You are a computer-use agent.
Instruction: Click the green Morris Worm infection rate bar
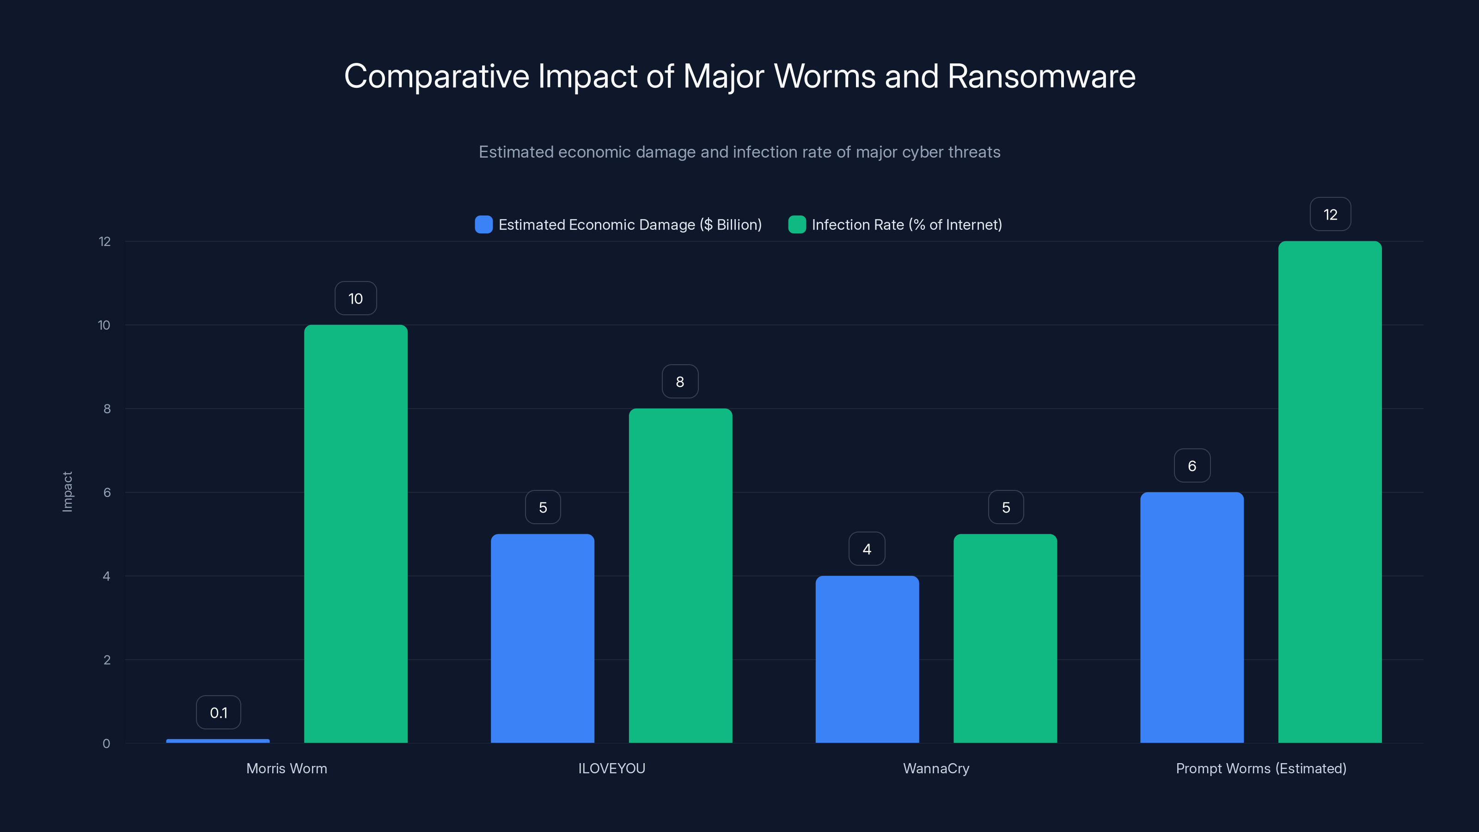click(355, 534)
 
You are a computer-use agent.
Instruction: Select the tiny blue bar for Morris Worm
click(218, 740)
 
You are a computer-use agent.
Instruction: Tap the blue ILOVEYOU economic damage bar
click(543, 638)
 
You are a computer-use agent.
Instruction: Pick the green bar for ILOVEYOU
click(680, 575)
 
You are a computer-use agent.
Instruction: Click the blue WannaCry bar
click(867, 659)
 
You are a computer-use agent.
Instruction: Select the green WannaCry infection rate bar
click(1005, 638)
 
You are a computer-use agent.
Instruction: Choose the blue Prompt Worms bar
click(1192, 617)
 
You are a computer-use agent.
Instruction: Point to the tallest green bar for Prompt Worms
click(1330, 492)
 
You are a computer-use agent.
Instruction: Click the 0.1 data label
click(218, 713)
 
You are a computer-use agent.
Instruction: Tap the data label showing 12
click(1330, 214)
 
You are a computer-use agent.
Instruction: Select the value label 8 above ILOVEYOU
click(680, 382)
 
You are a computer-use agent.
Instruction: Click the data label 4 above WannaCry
click(867, 549)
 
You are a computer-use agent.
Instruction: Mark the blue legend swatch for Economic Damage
click(483, 225)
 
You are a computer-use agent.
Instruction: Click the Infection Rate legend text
click(906, 225)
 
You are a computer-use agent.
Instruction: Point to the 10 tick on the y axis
click(104, 325)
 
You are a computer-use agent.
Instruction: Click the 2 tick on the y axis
click(107, 660)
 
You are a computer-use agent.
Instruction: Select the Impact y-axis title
click(67, 491)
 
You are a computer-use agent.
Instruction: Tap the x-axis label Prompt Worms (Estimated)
click(1261, 768)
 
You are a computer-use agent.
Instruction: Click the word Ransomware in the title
click(1041, 76)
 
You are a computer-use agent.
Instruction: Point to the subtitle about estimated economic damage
click(739, 152)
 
